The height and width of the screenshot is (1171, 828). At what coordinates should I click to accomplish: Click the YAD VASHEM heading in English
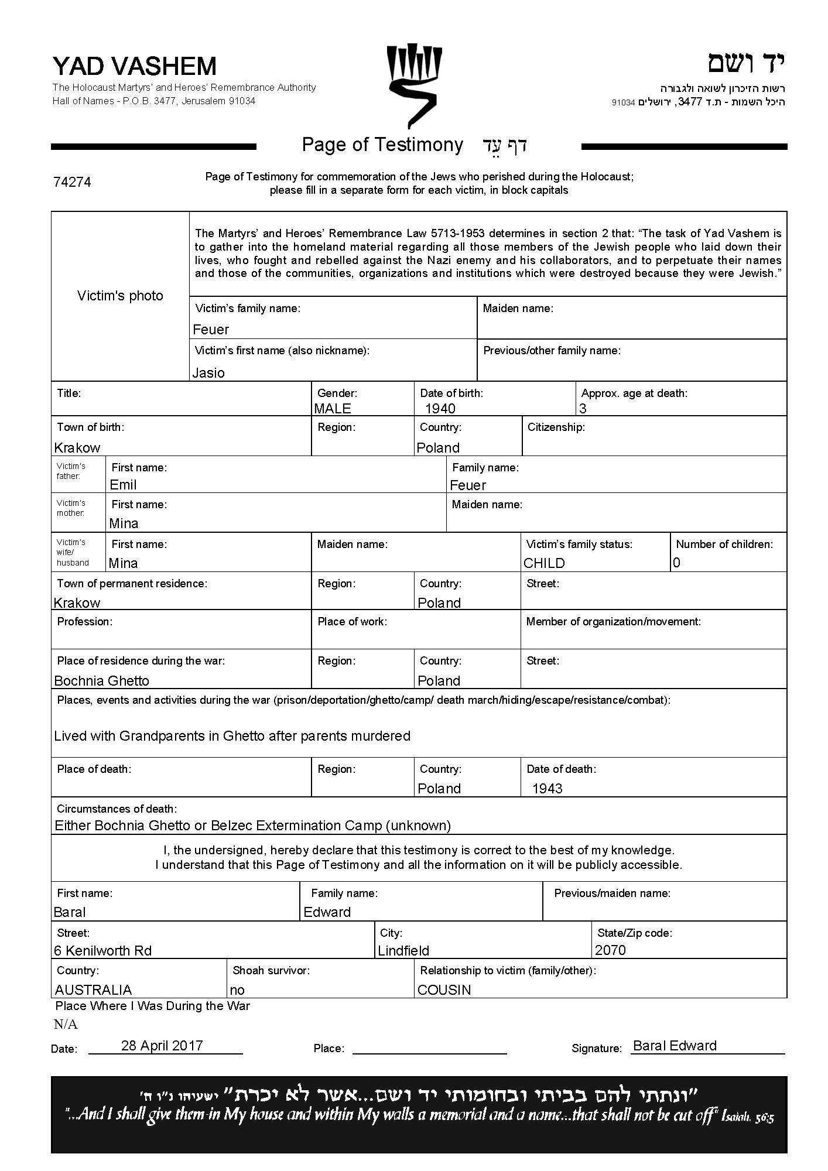pyautogui.click(x=135, y=66)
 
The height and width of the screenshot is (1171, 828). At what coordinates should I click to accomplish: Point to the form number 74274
pyautogui.click(x=72, y=182)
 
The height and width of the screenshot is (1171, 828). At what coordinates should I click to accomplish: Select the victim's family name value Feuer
pyautogui.click(x=211, y=330)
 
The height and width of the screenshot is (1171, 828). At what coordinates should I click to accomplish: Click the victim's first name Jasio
pyautogui.click(x=208, y=373)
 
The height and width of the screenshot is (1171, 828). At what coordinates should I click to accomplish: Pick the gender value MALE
pyautogui.click(x=333, y=409)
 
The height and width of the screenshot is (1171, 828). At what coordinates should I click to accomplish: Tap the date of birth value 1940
pyautogui.click(x=440, y=409)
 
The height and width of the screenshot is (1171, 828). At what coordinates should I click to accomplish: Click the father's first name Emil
pyautogui.click(x=123, y=485)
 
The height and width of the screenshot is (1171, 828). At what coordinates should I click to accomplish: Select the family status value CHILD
pyautogui.click(x=544, y=563)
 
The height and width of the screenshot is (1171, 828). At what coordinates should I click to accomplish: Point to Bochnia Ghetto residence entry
pyautogui.click(x=101, y=681)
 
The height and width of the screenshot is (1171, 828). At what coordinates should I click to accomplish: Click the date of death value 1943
pyautogui.click(x=547, y=789)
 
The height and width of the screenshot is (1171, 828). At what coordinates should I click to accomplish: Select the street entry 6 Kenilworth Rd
pyautogui.click(x=102, y=950)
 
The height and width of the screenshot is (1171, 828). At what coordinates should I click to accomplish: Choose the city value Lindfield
pyautogui.click(x=403, y=950)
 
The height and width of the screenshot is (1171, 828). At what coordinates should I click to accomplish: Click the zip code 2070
pyautogui.click(x=610, y=950)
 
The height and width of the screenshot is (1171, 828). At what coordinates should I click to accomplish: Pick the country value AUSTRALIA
pyautogui.click(x=93, y=989)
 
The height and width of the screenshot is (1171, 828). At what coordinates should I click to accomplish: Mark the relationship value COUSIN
pyautogui.click(x=444, y=989)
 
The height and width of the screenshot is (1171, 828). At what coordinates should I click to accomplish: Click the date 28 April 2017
pyautogui.click(x=162, y=1045)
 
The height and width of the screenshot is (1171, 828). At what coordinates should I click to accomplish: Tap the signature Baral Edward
pyautogui.click(x=675, y=1046)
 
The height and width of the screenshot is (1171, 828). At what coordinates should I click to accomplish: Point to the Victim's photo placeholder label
pyautogui.click(x=120, y=296)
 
